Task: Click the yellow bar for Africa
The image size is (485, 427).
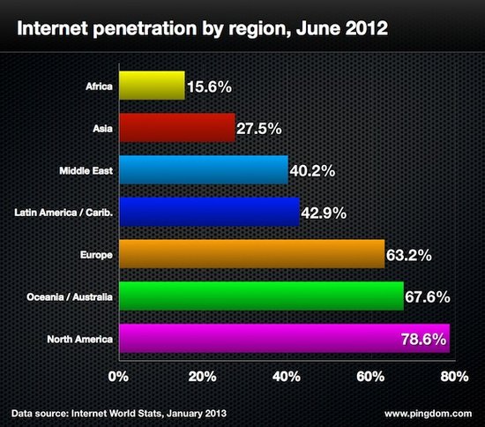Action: [151, 86]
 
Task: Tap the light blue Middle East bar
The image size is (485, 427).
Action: [203, 169]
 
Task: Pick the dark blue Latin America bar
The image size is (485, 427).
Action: [209, 212]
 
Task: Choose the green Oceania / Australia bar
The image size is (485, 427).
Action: [260, 296]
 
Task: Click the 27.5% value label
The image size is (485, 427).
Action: [259, 129]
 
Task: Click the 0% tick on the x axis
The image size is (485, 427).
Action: [119, 377]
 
